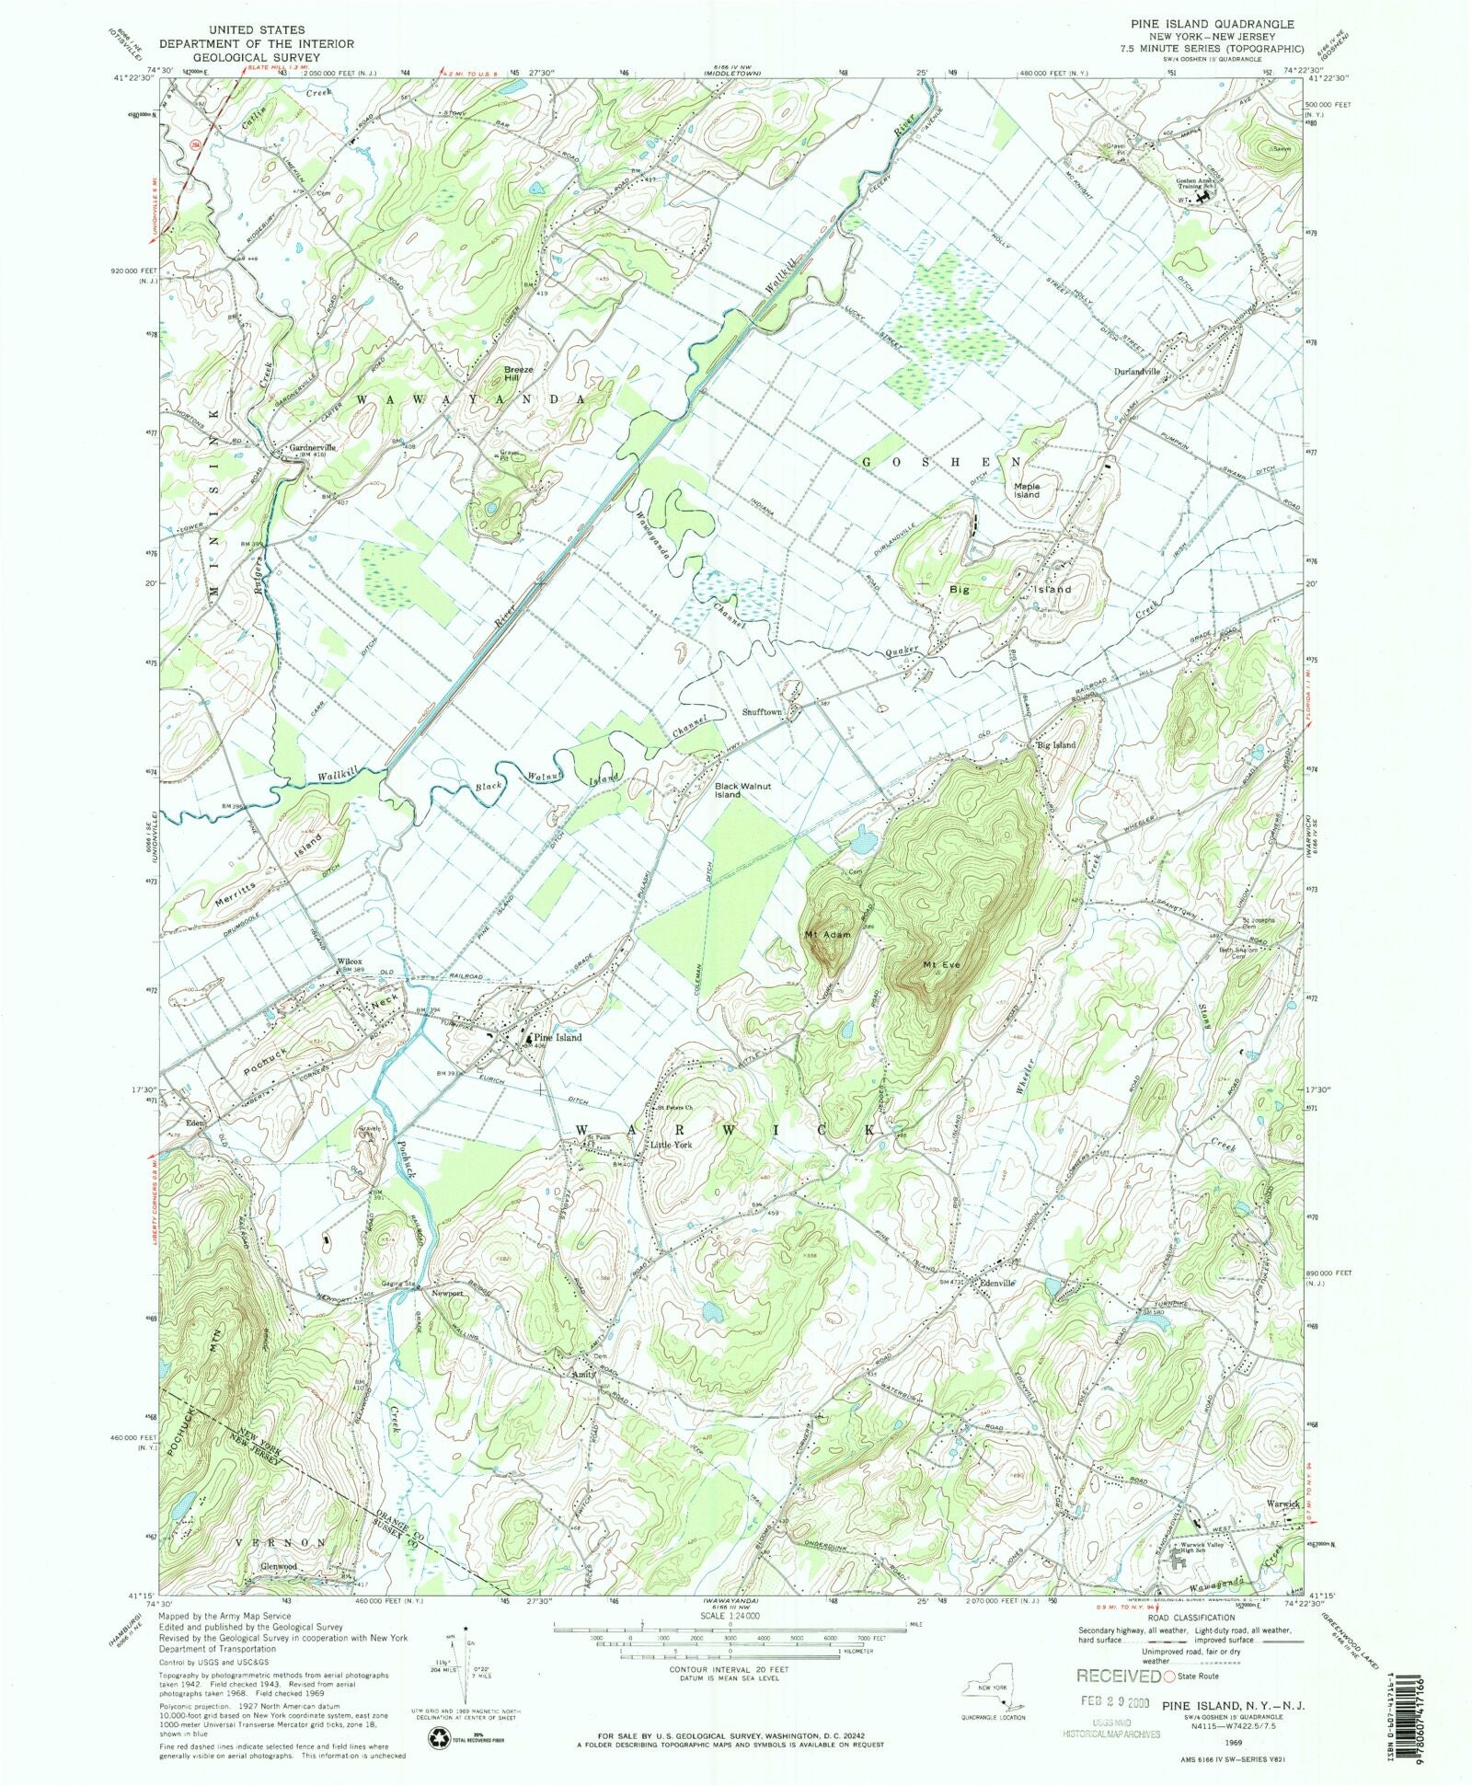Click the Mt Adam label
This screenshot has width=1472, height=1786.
(x=825, y=935)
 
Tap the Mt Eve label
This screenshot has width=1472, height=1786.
(x=942, y=964)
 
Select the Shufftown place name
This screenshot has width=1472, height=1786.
(x=762, y=712)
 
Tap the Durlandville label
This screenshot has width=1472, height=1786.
(x=1137, y=372)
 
